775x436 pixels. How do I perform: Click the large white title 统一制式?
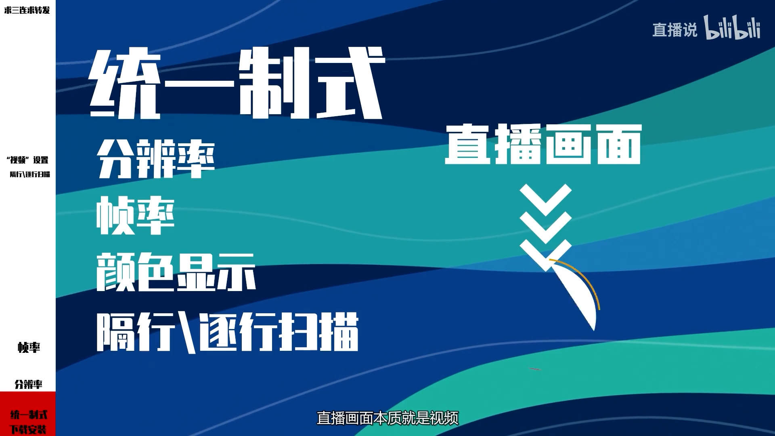(x=237, y=83)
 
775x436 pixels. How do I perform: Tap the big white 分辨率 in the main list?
(x=156, y=159)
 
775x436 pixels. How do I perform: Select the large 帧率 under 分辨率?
(x=136, y=216)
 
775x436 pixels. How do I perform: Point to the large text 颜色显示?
(x=176, y=272)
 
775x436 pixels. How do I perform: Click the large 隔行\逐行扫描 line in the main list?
(x=228, y=332)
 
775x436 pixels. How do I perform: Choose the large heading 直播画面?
(x=543, y=144)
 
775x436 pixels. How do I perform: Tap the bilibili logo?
(x=732, y=27)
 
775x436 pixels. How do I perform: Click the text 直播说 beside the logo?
(x=674, y=30)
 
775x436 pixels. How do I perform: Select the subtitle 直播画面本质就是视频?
(x=387, y=418)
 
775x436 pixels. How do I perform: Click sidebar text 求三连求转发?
(x=27, y=10)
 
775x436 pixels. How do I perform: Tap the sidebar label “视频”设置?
(x=27, y=160)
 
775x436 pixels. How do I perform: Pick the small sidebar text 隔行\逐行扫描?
(x=30, y=174)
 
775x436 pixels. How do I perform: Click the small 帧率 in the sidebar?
(x=29, y=347)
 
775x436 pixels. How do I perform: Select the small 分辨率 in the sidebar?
(x=28, y=384)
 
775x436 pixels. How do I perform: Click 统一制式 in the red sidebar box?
(x=29, y=415)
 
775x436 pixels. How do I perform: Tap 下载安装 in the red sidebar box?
(x=28, y=429)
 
